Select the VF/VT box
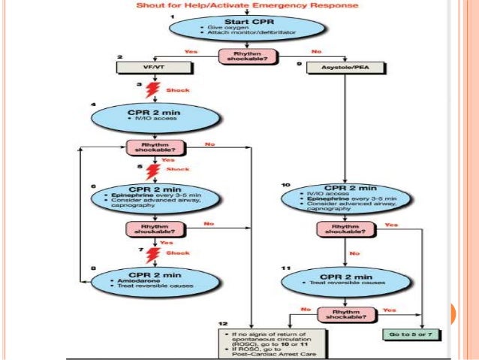tap(145, 67)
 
